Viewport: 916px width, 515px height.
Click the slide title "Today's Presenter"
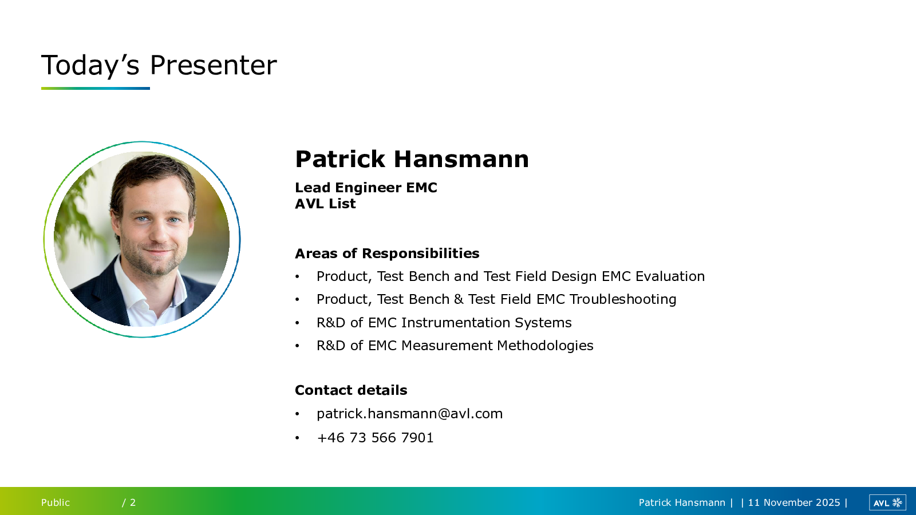coord(159,65)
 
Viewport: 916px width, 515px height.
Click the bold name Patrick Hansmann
coord(412,159)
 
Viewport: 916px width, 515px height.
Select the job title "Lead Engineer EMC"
coord(366,187)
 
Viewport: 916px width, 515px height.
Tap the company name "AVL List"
coord(325,203)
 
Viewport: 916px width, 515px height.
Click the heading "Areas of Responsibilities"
coord(387,253)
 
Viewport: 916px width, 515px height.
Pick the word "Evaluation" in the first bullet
coord(670,276)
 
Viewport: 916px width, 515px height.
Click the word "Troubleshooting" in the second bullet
coord(623,299)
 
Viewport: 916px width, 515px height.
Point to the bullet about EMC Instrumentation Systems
coord(444,323)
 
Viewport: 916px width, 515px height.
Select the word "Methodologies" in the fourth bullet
coord(545,346)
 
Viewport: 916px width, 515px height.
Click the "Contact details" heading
coord(351,390)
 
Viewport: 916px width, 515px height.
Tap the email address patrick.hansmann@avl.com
coord(410,414)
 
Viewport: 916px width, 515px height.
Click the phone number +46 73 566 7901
coord(375,437)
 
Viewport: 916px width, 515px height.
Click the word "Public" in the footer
coord(55,502)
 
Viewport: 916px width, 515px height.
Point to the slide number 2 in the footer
coord(133,502)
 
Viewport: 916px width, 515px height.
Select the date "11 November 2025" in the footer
coord(793,502)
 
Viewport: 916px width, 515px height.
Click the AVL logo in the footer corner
coord(887,502)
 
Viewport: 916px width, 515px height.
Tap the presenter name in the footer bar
coord(682,502)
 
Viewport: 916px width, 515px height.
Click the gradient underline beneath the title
coord(95,88)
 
